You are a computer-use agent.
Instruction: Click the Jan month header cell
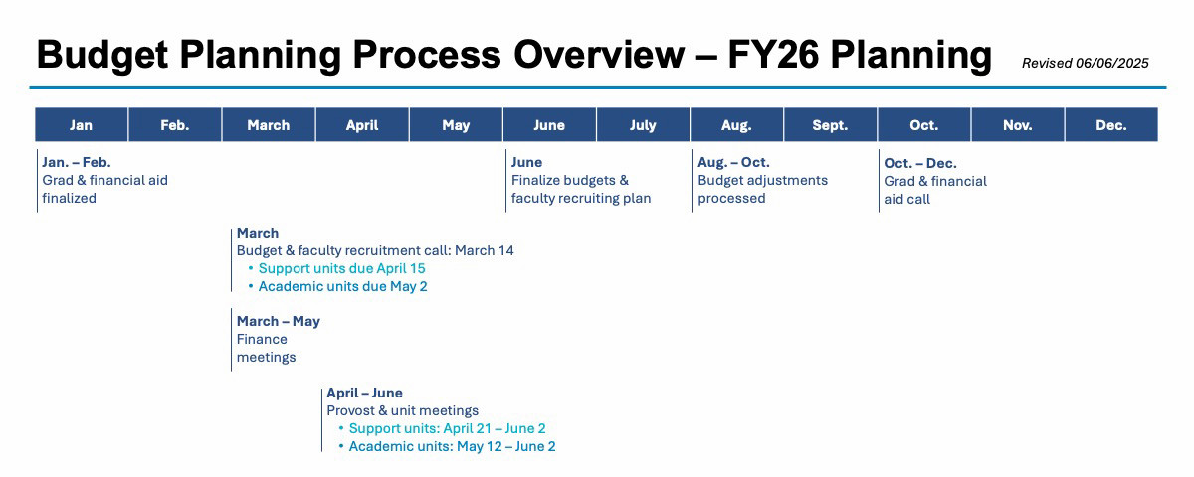(x=82, y=124)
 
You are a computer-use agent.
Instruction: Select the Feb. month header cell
(x=175, y=124)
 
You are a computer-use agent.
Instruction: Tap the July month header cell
(x=643, y=124)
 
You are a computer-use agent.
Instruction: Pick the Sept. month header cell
(x=830, y=124)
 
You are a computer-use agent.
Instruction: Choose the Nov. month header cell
(x=1018, y=124)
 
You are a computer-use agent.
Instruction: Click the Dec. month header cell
(x=1111, y=124)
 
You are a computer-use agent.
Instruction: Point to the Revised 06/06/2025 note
(x=1086, y=63)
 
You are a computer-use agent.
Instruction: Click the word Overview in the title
(x=599, y=55)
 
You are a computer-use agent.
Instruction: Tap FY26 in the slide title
(x=773, y=55)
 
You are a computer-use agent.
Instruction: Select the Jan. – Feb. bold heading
(x=77, y=162)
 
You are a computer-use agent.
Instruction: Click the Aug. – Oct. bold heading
(x=733, y=162)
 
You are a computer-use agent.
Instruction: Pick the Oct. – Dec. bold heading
(x=920, y=163)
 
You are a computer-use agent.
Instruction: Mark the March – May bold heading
(x=279, y=321)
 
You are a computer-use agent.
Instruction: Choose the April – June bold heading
(x=364, y=393)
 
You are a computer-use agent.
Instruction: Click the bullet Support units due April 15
(x=341, y=268)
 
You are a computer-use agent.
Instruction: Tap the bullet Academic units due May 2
(x=342, y=286)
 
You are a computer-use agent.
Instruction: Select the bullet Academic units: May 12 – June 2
(x=452, y=446)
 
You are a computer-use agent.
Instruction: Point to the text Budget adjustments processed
(x=763, y=189)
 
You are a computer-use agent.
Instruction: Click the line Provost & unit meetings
(x=402, y=410)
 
